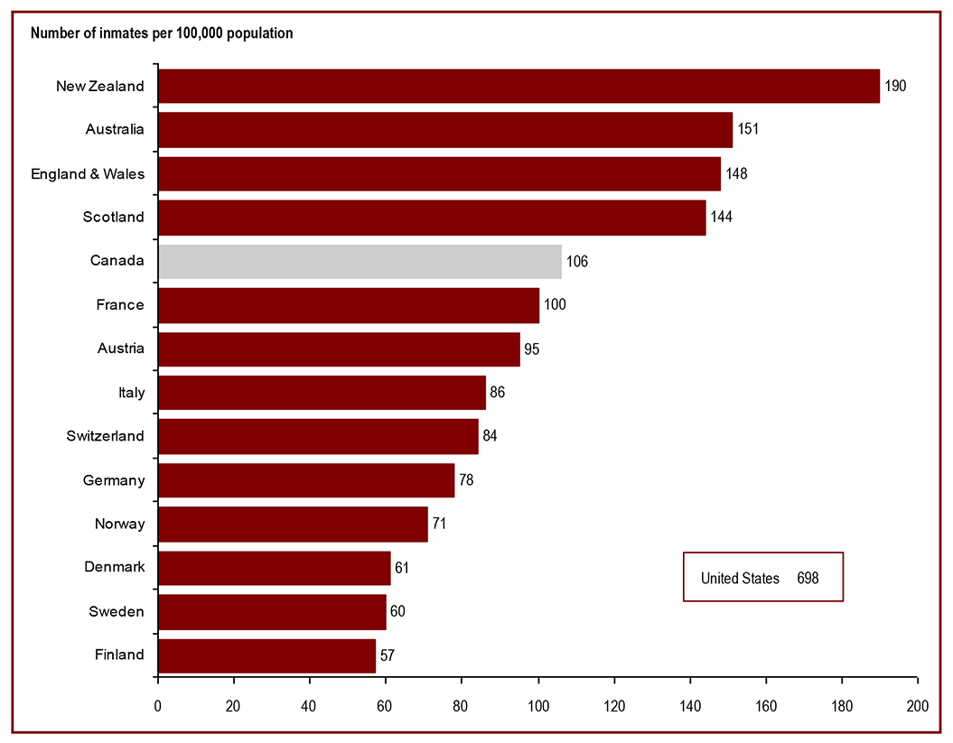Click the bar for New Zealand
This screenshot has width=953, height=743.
tap(519, 86)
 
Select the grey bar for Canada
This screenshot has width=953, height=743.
tap(360, 261)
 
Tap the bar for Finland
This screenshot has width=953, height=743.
tap(266, 655)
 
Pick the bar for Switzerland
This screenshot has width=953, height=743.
tap(318, 436)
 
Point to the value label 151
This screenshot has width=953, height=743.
tap(747, 129)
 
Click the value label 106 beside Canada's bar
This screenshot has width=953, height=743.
tap(576, 261)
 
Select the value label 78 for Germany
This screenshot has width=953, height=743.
tap(465, 479)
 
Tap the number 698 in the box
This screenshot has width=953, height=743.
tap(808, 578)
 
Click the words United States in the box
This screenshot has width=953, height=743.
tap(740, 578)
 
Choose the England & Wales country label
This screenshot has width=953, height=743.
tap(88, 173)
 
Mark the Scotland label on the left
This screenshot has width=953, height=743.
tap(113, 217)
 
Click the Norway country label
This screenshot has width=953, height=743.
tap(119, 524)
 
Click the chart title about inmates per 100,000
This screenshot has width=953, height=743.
tap(162, 33)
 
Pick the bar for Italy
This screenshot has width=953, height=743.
tap(322, 393)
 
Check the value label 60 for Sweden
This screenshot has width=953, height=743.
tap(397, 611)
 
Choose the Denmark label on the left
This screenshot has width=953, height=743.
tap(114, 567)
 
